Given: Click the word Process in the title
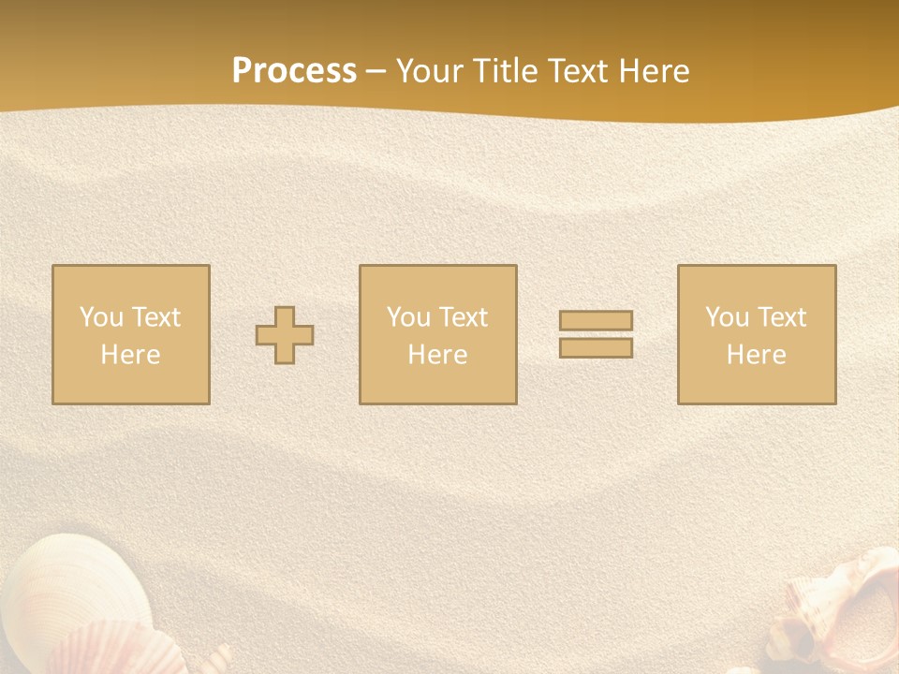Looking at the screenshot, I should pos(294,71).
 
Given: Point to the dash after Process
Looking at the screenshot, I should pos(376,72).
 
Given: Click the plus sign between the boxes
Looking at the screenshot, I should pos(285,335).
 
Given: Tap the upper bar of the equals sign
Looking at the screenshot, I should pos(596,321).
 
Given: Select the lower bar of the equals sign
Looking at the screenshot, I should pos(596,347).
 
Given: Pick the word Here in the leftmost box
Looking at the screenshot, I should pos(130,355).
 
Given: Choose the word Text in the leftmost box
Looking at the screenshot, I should pos(155,317).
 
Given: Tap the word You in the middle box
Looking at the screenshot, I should pos(409,317).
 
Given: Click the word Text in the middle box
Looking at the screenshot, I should pos(463,317).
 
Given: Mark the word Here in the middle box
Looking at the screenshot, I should pos(437,355).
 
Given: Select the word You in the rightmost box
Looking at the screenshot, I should pos(728,317).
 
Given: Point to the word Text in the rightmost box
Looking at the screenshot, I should pos(781,317).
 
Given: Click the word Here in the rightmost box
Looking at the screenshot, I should pos(756,355).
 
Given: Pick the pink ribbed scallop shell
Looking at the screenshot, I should pos(112,651).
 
